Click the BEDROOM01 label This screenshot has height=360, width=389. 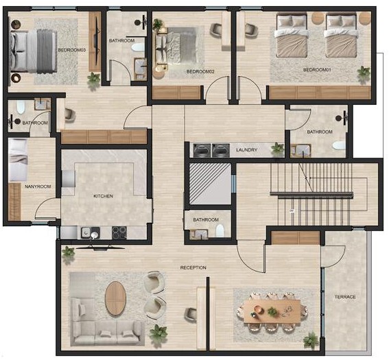pyautogui.click(x=317, y=70)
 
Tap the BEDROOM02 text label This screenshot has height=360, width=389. pyautogui.click(x=200, y=71)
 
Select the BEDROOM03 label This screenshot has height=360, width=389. pyautogui.click(x=72, y=50)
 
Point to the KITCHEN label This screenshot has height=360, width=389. pyautogui.click(x=103, y=196)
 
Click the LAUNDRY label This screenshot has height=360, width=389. pyautogui.click(x=246, y=149)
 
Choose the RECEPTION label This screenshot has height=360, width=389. pyautogui.click(x=193, y=267)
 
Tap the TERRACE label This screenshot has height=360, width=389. pyautogui.click(x=345, y=297)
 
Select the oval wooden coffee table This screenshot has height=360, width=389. pyautogui.click(x=116, y=298)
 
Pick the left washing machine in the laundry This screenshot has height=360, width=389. pyautogui.click(x=204, y=149)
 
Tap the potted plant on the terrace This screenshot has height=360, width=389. pyautogui.click(x=311, y=339)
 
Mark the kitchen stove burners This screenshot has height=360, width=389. pyautogui.click(x=119, y=232)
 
